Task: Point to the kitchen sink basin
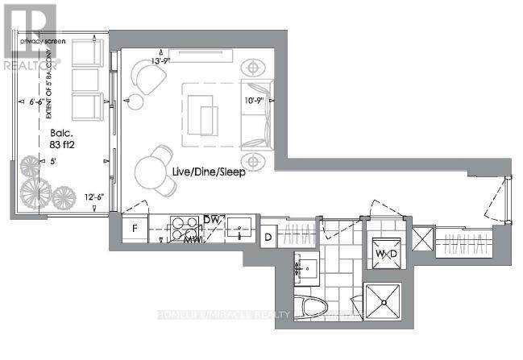click(x=239, y=228)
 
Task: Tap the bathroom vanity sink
click(x=307, y=265)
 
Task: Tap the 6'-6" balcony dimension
click(x=41, y=102)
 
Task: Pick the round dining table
click(x=153, y=171)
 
